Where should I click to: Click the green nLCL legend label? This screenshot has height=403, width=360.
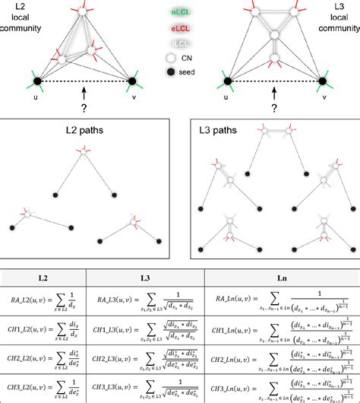[x=180, y=11]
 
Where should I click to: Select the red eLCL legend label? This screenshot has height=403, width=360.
[x=180, y=27]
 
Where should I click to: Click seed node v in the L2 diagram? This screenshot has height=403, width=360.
[x=133, y=80]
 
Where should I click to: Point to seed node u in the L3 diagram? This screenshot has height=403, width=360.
[x=226, y=81]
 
